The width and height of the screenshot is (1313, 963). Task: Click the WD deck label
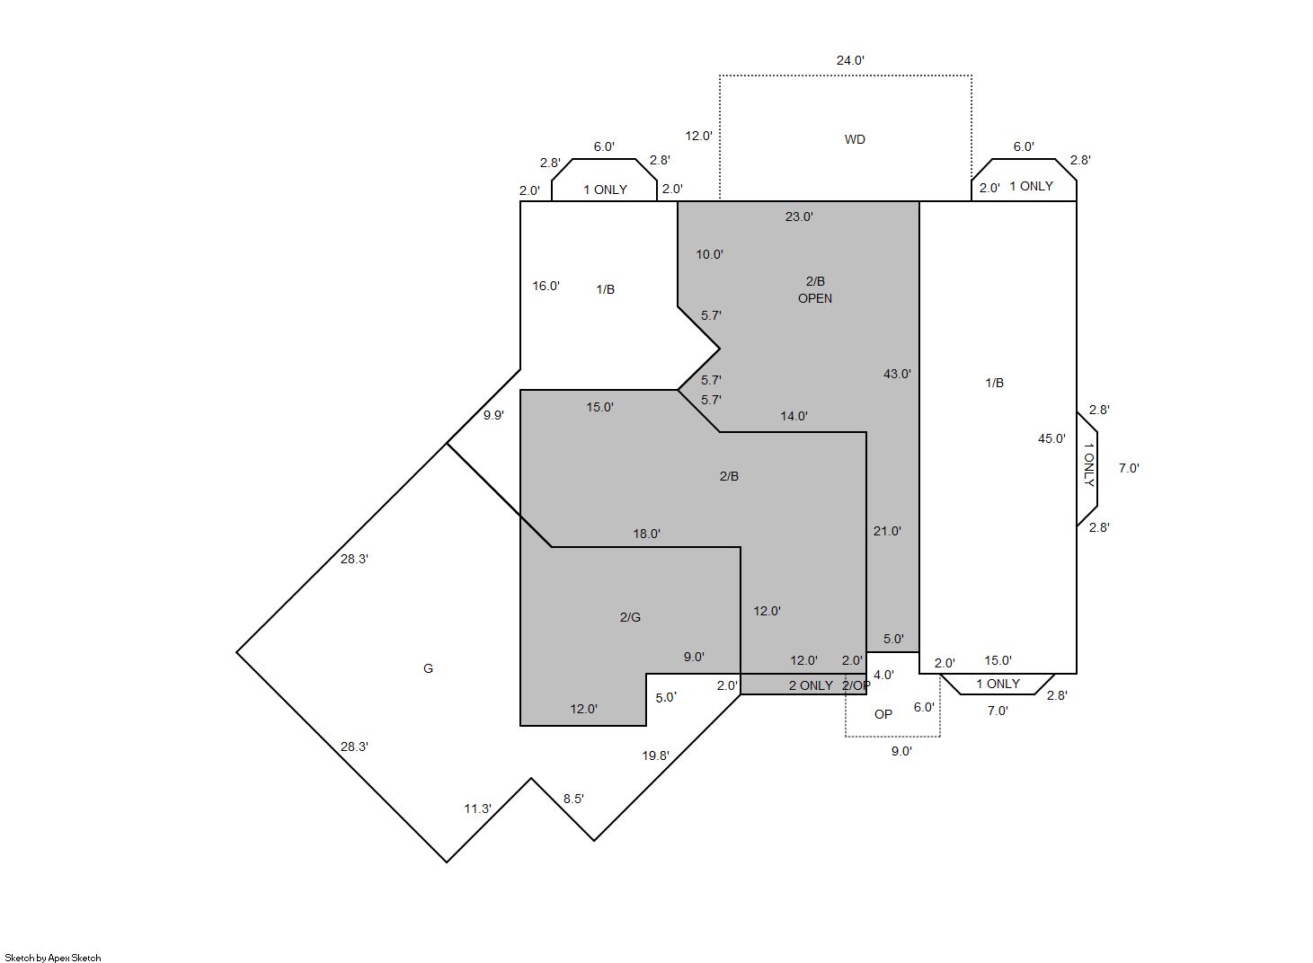pos(855,139)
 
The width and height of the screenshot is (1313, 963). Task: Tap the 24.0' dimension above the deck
pos(850,60)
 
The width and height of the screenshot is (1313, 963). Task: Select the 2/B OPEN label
pos(815,290)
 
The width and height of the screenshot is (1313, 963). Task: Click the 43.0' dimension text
pos(897,374)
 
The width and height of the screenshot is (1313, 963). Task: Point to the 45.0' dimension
pos(1051,438)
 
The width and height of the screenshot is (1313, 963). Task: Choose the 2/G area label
pos(630,617)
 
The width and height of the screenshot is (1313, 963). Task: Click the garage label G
pos(428,668)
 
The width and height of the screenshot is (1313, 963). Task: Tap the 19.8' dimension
pos(655,755)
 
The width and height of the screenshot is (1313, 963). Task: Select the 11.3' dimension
pos(478,809)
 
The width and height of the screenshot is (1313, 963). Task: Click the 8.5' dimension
pos(573,799)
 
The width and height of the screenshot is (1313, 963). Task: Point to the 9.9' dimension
pos(493,415)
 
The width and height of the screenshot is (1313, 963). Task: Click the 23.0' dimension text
pos(799,216)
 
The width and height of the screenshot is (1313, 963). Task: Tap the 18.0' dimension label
pos(646,534)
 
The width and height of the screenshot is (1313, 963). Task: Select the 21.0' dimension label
pos(887,531)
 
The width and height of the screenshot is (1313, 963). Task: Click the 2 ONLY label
pos(811,685)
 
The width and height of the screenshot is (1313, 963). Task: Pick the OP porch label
pos(883,714)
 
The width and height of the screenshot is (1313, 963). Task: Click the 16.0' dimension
pos(546,286)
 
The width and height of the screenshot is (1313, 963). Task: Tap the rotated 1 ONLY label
pos(1088,464)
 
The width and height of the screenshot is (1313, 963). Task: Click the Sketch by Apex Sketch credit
pos(53,958)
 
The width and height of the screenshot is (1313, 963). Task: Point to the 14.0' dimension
pos(794,416)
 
